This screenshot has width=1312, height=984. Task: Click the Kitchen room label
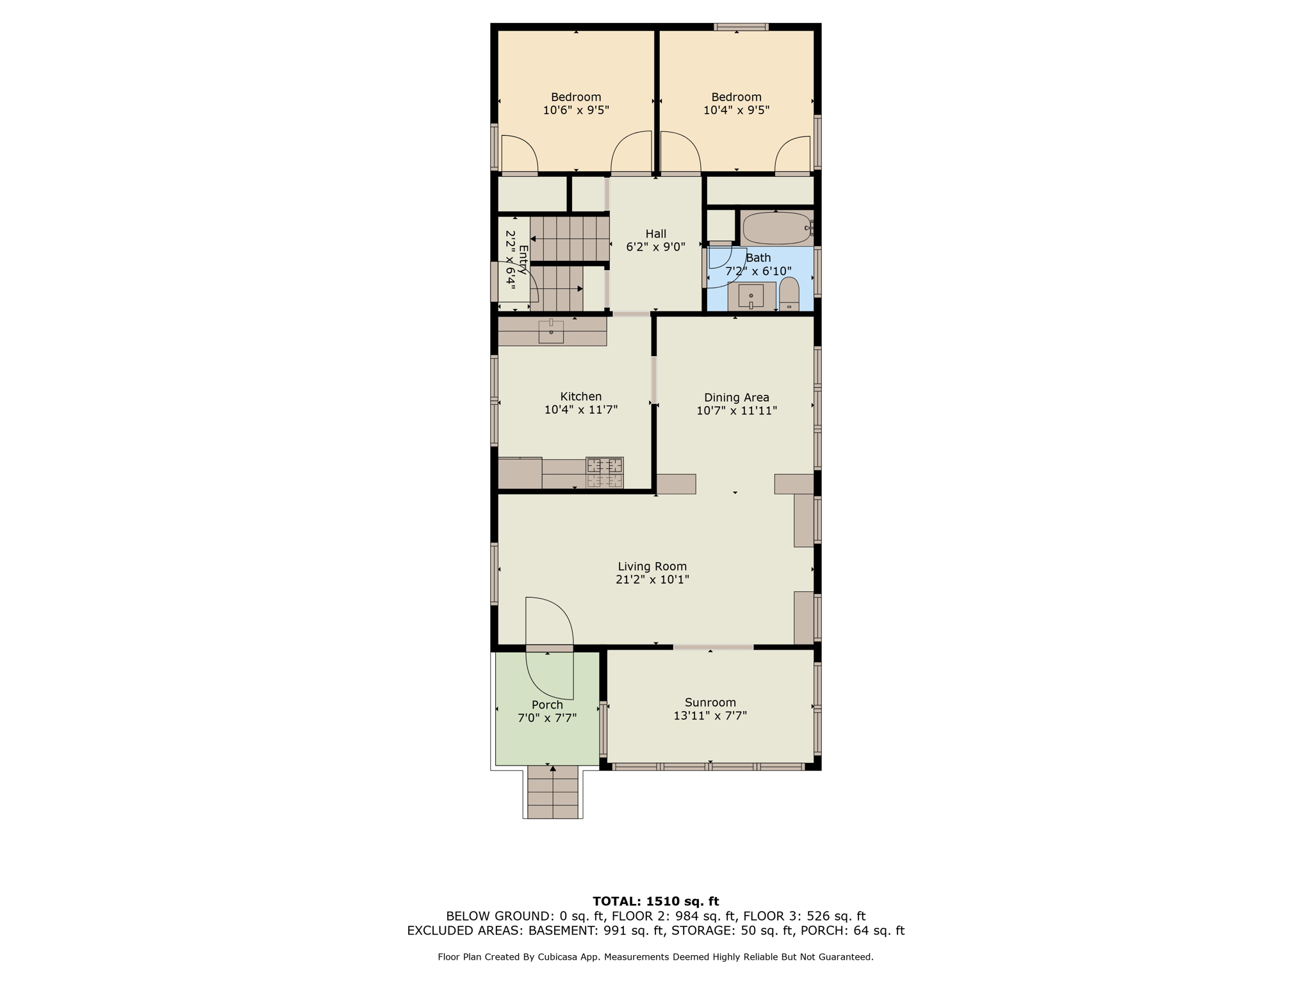point(581,397)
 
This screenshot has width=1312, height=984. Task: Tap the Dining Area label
point(736,398)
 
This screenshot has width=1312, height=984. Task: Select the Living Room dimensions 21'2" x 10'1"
point(652,580)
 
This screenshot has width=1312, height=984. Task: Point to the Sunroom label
point(710,702)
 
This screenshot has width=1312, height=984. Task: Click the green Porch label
point(547,705)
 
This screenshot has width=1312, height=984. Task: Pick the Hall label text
point(656,234)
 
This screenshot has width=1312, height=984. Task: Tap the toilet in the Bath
point(789,294)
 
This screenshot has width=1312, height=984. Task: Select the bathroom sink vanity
point(751,296)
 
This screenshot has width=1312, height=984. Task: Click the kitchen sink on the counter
point(551,332)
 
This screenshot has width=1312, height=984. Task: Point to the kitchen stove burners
point(604,473)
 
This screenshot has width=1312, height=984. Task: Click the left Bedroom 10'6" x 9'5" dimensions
point(576,110)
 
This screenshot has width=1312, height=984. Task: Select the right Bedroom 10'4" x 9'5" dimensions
point(736,110)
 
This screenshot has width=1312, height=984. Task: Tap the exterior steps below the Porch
point(553,792)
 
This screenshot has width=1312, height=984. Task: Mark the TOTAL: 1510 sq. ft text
point(655,901)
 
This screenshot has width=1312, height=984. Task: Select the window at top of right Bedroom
point(741,27)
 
